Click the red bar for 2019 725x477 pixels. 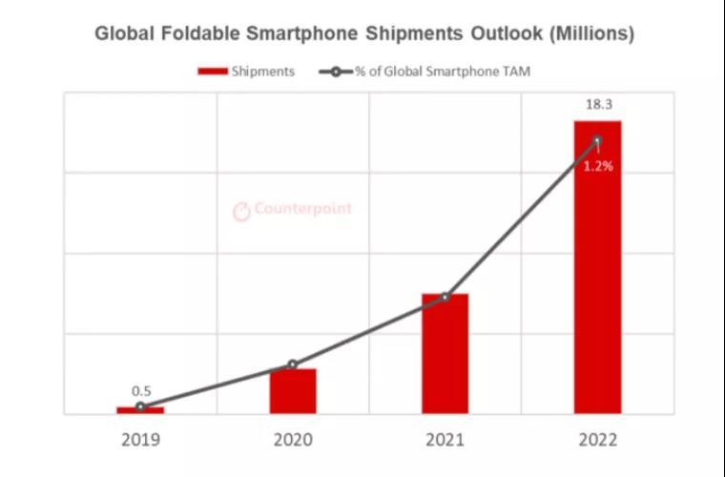pos(140,410)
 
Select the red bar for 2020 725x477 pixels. pos(293,391)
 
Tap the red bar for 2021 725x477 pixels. pos(445,354)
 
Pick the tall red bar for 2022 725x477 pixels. pos(597,267)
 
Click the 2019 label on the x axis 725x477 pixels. pos(140,440)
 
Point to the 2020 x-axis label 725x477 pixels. pos(293,440)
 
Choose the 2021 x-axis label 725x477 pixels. pos(445,440)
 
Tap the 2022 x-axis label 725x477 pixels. pos(597,440)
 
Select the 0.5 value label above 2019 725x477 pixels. pos(141,390)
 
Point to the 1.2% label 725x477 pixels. pos(598,165)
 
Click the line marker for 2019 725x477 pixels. pos(140,406)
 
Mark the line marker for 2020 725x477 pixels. pos(293,364)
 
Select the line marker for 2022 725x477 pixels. pos(597,141)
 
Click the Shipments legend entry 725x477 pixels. pos(246,71)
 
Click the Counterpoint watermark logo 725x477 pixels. pos(293,210)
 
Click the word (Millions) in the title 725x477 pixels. pos(591,33)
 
